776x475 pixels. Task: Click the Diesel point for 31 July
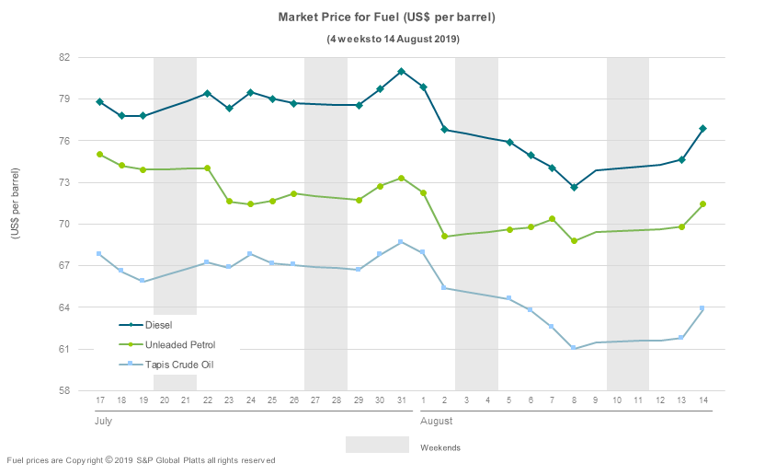click(402, 71)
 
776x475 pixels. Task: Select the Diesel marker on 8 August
click(574, 187)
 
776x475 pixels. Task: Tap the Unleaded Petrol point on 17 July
click(99, 155)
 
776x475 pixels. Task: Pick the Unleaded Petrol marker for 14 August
click(702, 204)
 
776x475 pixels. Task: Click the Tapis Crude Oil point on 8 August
click(574, 348)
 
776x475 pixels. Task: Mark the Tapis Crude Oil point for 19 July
click(143, 281)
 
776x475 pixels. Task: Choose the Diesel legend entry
click(157, 324)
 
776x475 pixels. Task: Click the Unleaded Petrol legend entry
click(179, 344)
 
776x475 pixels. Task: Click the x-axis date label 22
click(207, 400)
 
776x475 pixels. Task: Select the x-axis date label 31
click(402, 400)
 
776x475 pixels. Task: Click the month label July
click(105, 421)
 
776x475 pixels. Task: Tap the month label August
click(436, 421)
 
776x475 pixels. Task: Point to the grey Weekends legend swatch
click(377, 445)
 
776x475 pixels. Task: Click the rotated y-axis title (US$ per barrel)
click(16, 204)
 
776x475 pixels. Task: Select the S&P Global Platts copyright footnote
click(141, 460)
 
